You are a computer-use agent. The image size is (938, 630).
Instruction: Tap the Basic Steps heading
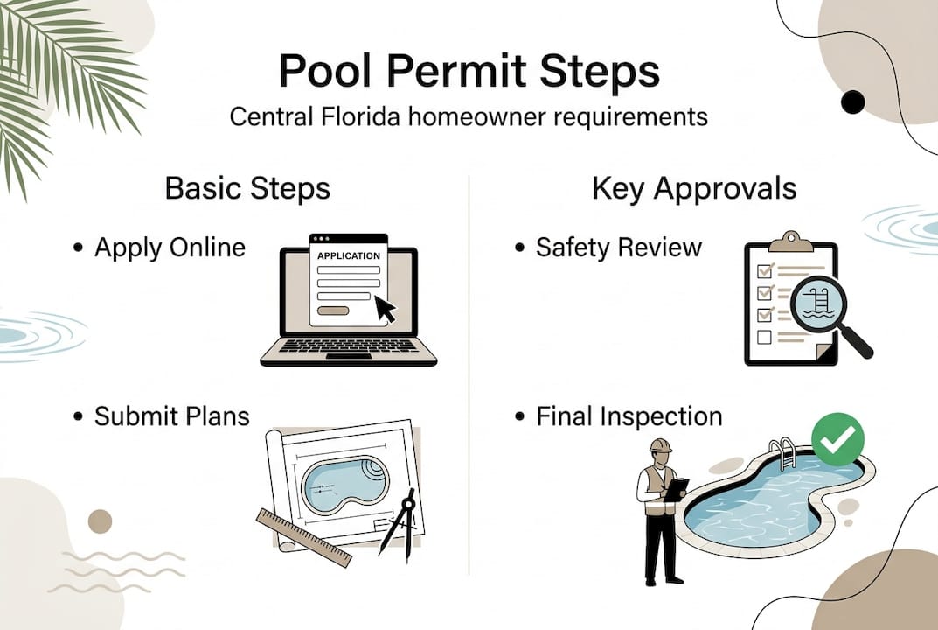click(247, 188)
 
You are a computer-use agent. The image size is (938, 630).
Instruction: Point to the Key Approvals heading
click(694, 188)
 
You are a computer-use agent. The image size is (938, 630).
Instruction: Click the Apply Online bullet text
click(170, 248)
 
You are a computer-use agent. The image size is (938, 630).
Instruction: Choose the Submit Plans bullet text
click(171, 416)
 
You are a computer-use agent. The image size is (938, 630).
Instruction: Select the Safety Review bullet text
click(618, 248)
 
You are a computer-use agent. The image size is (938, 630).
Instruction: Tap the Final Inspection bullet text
click(629, 416)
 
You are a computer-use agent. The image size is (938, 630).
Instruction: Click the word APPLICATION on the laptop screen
click(348, 255)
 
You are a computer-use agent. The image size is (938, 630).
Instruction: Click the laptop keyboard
click(348, 346)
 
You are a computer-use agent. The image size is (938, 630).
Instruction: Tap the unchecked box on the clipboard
click(763, 336)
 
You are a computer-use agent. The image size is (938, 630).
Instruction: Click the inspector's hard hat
click(659, 446)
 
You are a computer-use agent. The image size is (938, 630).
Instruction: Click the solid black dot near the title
click(851, 102)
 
